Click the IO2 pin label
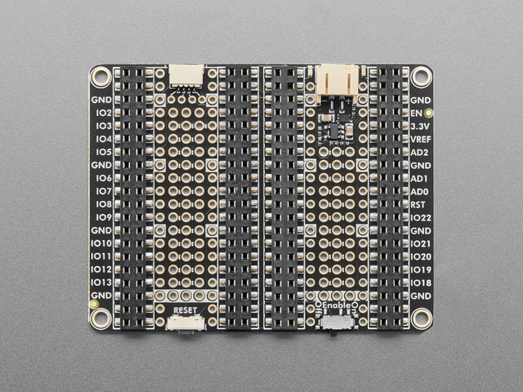pyautogui.click(x=103, y=113)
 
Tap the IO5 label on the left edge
pyautogui.click(x=103, y=152)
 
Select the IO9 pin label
pyautogui.click(x=103, y=217)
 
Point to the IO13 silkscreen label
pyautogui.click(x=101, y=282)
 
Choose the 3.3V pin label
pyautogui.click(x=420, y=127)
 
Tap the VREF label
pyautogui.click(x=420, y=140)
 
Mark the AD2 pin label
pyautogui.click(x=420, y=153)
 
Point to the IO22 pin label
pyautogui.click(x=420, y=218)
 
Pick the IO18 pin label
pyautogui.click(x=420, y=282)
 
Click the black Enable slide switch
pyautogui.click(x=337, y=323)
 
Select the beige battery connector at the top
pyautogui.click(x=337, y=80)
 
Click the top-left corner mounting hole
pyautogui.click(x=101, y=78)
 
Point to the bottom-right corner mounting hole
pyautogui.click(x=421, y=318)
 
